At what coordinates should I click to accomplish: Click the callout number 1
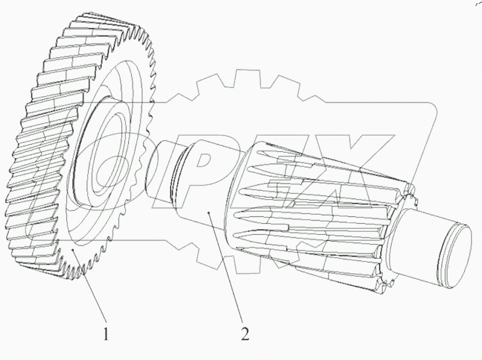(x=106, y=334)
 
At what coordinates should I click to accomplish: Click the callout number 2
(x=245, y=334)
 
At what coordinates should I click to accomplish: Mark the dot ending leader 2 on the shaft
(x=208, y=213)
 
